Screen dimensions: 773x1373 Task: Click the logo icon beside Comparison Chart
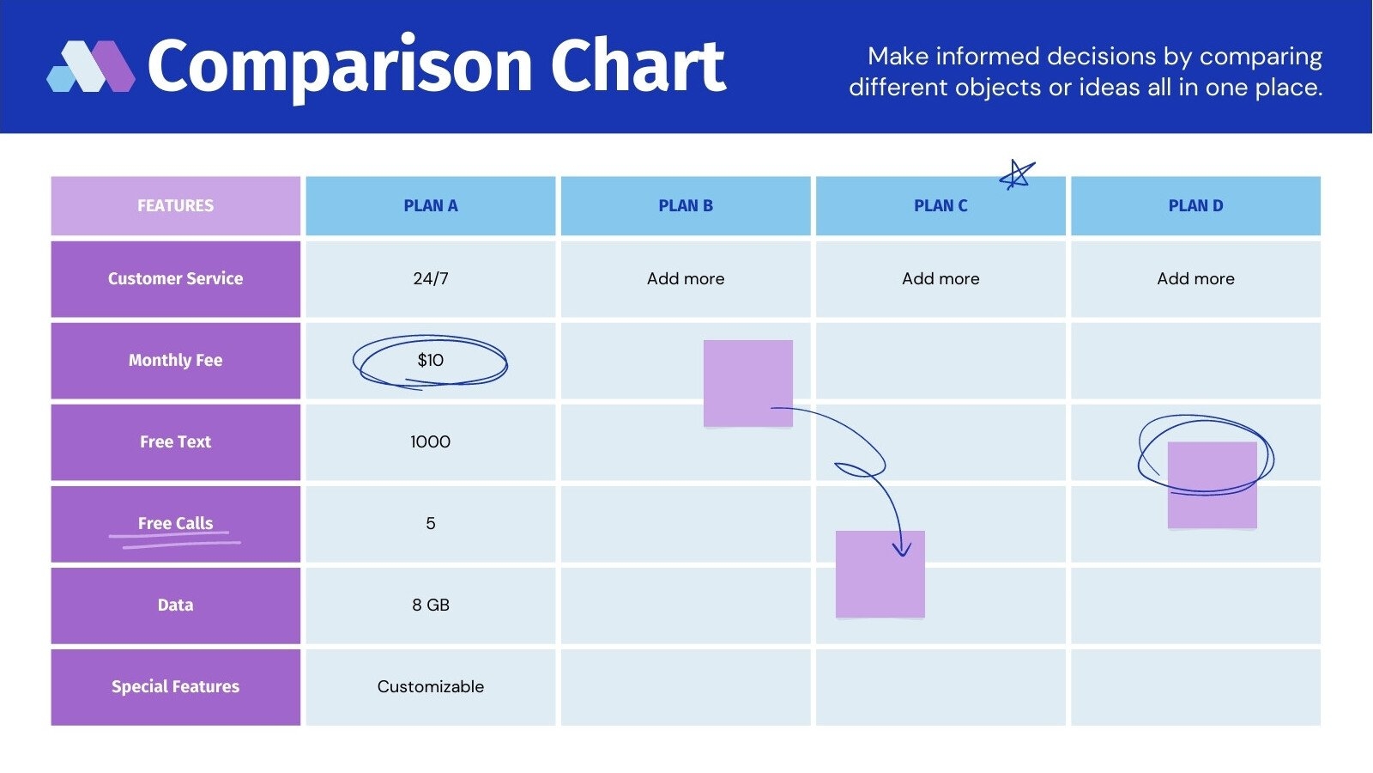(90, 66)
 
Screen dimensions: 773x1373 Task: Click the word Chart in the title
(638, 66)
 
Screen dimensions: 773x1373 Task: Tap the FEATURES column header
(175, 206)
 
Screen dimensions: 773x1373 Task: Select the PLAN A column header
(430, 206)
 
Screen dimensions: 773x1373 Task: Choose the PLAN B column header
(685, 206)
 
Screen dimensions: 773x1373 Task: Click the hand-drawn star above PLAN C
(1017, 175)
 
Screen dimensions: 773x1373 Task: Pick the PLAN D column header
(1195, 206)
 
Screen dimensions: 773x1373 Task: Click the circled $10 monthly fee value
(430, 361)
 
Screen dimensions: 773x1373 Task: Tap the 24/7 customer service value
(430, 279)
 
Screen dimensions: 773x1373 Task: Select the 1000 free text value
(430, 442)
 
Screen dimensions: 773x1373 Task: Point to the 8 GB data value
(430, 606)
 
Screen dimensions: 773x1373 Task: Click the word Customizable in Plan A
(430, 687)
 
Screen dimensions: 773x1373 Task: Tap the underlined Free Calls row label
(175, 524)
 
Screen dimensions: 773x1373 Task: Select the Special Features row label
(175, 687)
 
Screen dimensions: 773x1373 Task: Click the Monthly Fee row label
(175, 361)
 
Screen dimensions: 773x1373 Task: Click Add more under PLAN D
(1195, 279)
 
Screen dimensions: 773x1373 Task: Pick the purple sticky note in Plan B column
(747, 383)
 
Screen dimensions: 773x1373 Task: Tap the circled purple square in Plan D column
(1212, 484)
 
